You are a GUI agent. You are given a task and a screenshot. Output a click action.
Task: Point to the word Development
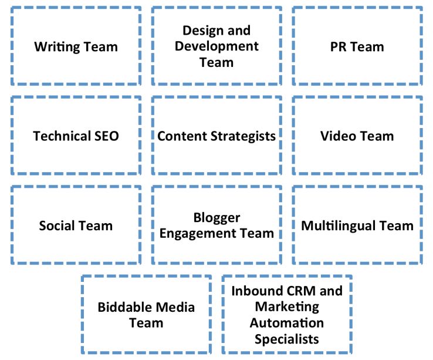(x=216, y=46)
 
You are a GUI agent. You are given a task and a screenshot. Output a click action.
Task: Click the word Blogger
(x=216, y=218)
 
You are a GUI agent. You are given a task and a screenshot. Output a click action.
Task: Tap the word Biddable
(x=122, y=307)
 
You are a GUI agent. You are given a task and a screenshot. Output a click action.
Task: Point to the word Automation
(x=286, y=323)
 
